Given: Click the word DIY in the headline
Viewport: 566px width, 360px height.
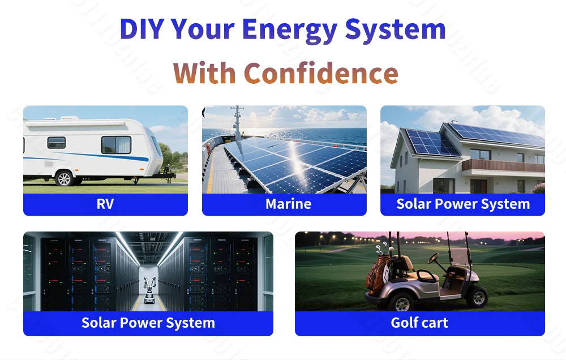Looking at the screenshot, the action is click(x=142, y=28).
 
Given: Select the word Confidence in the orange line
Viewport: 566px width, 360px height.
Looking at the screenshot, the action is click(x=321, y=72).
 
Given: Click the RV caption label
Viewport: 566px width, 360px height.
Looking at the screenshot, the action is click(x=105, y=204).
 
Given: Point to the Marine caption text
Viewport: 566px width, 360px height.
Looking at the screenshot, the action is click(x=289, y=204).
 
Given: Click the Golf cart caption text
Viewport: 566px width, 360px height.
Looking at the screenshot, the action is click(x=419, y=323).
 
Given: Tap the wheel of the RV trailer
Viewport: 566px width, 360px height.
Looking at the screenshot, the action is click(x=65, y=178).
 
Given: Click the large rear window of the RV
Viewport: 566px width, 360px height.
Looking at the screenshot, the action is click(x=116, y=145).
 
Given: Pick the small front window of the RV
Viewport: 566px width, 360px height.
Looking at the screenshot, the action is click(x=56, y=143).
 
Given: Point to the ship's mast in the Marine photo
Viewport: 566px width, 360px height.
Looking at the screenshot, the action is click(x=237, y=122).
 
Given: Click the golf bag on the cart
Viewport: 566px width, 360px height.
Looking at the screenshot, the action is click(x=378, y=275).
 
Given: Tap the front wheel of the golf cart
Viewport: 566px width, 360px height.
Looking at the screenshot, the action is click(x=478, y=297).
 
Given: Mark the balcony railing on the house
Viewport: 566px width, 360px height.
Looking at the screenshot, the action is click(x=503, y=165).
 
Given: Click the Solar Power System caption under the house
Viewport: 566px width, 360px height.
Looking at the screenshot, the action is click(x=463, y=204).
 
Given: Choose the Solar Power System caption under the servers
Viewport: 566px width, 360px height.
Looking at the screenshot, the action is click(x=148, y=323).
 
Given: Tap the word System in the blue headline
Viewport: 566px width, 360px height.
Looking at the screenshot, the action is click(x=395, y=30).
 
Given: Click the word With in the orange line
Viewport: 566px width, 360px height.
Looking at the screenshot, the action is click(x=204, y=72).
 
